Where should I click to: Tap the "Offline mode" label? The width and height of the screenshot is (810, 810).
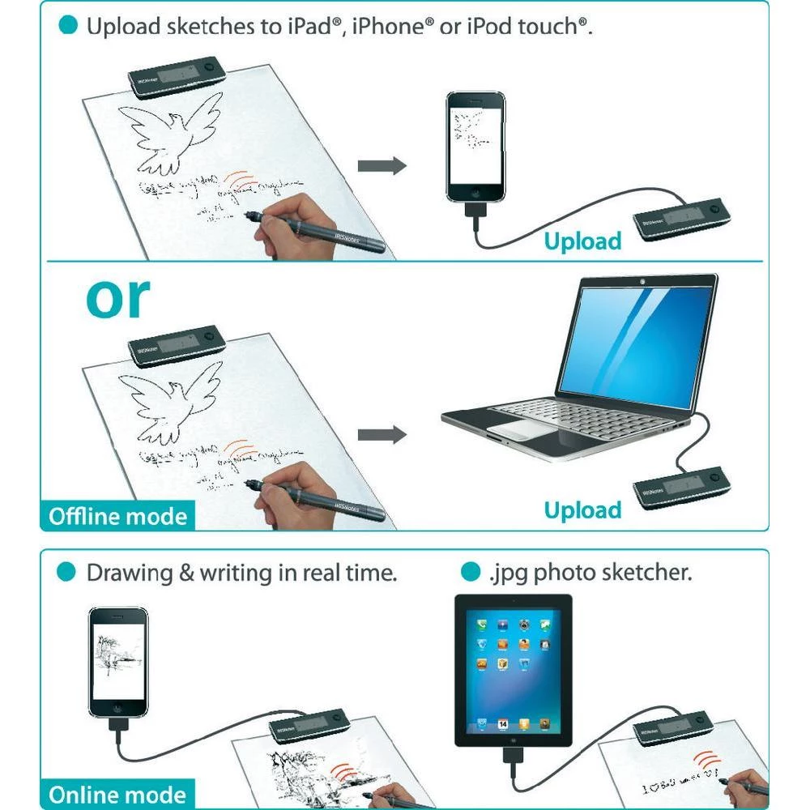pos(117,517)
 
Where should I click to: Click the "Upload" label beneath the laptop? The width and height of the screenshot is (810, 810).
pos(582,510)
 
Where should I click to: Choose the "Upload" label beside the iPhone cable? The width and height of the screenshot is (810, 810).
pos(582,241)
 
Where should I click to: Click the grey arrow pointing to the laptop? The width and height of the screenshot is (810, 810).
pos(382,435)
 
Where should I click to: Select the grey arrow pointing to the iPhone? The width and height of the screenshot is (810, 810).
pos(382,167)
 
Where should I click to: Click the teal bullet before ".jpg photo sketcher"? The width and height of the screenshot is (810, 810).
pos(469,573)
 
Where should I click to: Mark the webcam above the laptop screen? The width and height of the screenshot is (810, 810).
pos(642,281)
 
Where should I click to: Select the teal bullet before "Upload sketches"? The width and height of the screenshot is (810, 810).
pos(69,26)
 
